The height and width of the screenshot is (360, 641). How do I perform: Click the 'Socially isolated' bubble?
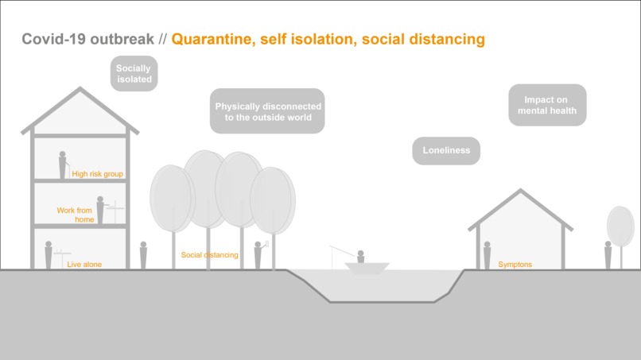[134, 74]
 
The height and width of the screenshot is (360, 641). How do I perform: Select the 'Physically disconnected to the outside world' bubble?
[268, 111]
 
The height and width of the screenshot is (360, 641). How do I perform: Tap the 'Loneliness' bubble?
[446, 149]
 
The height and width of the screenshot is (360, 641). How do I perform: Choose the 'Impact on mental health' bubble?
[547, 105]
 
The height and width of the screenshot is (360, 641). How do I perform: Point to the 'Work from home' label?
[76, 215]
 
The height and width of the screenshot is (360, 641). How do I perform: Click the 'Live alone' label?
[84, 264]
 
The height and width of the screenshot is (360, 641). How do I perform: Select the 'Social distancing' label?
[209, 255]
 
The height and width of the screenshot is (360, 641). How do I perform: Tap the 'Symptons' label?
[515, 264]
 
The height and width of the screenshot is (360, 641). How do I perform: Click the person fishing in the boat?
[360, 256]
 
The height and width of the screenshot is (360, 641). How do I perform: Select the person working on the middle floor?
[100, 211]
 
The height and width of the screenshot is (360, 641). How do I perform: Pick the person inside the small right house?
[487, 255]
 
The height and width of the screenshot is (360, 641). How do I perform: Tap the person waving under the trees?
[258, 254]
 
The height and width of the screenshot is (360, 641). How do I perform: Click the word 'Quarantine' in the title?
[211, 38]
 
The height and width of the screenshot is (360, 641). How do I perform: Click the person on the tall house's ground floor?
[49, 255]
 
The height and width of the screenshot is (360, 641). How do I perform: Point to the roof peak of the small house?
[520, 191]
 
